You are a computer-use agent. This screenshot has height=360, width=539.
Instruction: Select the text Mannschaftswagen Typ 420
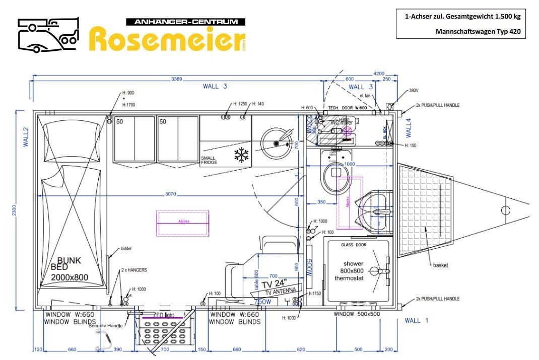pyautogui.click(x=478, y=31)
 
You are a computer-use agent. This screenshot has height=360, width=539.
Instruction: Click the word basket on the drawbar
pyautogui.click(x=440, y=265)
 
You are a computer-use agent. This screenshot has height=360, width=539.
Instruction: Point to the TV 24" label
pyautogui.click(x=274, y=283)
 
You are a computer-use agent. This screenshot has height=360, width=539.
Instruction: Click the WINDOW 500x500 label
pyautogui.click(x=357, y=314)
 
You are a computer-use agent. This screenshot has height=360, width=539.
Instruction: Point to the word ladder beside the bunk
pyautogui.click(x=126, y=249)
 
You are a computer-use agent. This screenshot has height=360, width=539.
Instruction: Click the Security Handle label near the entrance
pyautogui.click(x=106, y=326)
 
